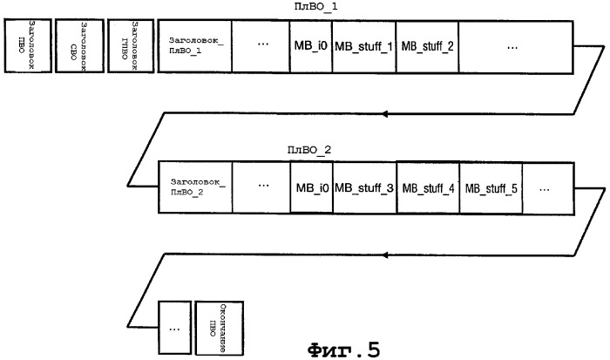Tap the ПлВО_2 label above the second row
point(309,150)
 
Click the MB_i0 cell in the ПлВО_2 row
point(311,187)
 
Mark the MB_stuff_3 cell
point(364,187)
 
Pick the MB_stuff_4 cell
point(428,187)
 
